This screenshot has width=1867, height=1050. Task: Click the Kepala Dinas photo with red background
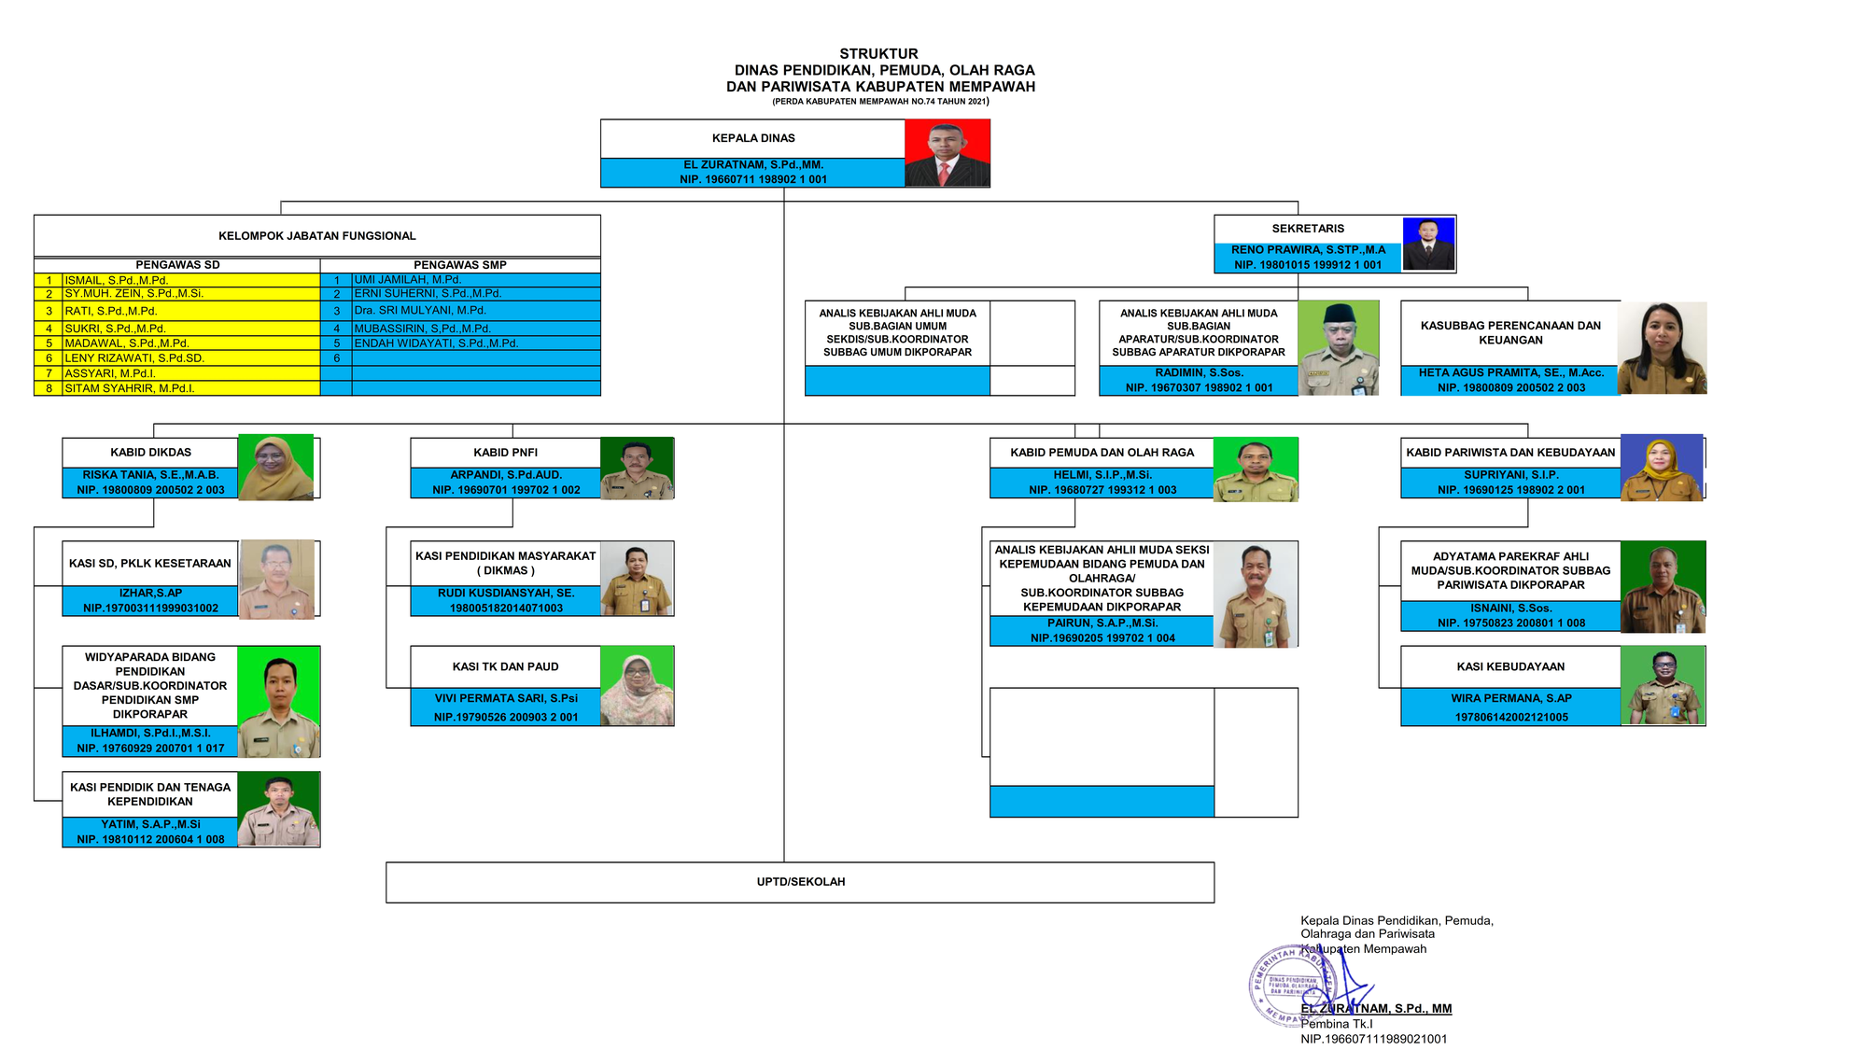947,153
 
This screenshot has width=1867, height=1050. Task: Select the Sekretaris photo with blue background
1428,244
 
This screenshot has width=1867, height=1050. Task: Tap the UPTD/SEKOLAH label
800,882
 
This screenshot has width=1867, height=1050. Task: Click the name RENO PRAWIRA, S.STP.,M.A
1308,250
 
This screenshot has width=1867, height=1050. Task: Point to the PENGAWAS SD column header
177,265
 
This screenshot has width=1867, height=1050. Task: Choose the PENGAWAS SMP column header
460,265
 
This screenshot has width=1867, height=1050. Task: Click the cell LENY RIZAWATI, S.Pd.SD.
134,358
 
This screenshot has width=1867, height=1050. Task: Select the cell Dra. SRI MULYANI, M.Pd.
420,311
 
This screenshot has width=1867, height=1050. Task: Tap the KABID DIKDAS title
150,453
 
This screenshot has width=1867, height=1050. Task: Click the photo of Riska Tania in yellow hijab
275,468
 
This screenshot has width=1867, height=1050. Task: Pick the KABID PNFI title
505,453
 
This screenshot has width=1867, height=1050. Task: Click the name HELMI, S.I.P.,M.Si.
1102,475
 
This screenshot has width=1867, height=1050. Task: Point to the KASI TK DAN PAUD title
505,666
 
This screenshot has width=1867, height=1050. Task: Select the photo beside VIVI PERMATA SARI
637,686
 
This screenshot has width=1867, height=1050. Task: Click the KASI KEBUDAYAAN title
1510,666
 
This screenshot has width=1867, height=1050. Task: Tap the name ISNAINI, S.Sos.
1510,609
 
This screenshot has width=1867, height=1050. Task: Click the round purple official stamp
1293,986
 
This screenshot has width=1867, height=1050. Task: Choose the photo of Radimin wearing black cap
1339,348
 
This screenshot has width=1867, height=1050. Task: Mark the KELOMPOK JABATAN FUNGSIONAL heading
317,236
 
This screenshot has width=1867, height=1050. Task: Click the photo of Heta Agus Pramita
1662,348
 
